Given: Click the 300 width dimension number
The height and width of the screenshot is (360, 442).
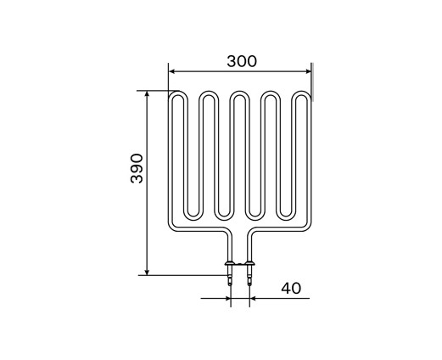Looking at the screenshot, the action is tap(242, 61).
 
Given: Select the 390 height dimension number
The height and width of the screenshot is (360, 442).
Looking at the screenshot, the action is tap(137, 168).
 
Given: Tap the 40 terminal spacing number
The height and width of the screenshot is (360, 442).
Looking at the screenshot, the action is tap(291, 288).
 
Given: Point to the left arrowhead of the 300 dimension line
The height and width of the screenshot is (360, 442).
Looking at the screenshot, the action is tap(171, 71).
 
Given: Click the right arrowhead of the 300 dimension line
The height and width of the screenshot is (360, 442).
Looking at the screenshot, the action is tap(308, 71).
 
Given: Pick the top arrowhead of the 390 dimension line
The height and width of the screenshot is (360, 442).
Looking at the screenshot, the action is tap(147, 94).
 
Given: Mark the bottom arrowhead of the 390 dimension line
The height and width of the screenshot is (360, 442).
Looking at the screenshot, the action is tap(147, 272).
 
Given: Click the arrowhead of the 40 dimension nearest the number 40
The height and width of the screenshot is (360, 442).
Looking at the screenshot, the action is tap(253, 298).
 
